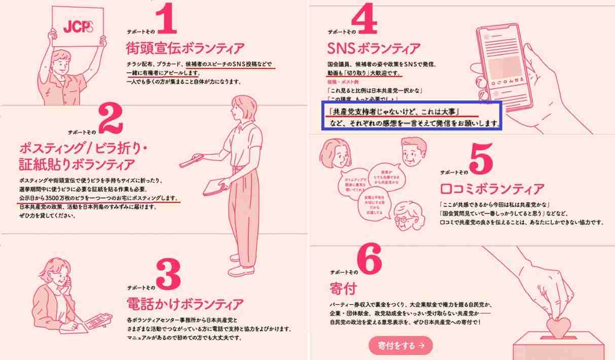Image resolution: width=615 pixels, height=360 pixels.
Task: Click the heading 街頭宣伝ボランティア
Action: pos(185,49)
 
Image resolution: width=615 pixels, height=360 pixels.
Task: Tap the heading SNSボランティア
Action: pos(374,49)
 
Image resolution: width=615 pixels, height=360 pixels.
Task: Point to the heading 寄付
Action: pos(343,289)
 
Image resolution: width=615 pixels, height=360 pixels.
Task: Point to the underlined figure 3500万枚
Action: pos(61,197)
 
